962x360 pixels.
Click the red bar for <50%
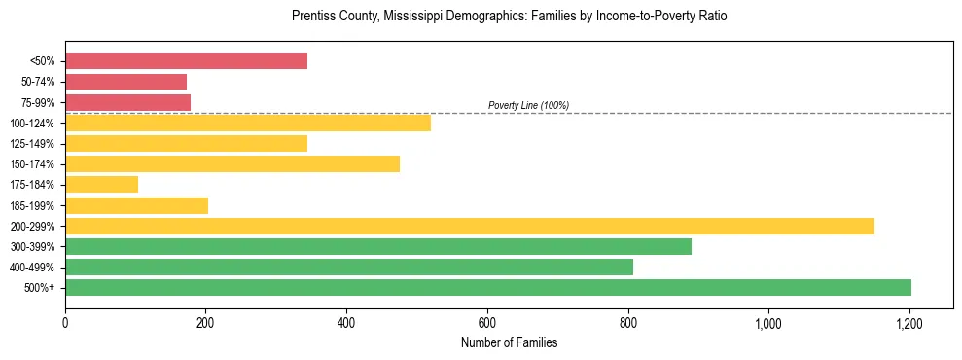tap(186, 61)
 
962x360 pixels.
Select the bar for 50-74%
tap(125, 82)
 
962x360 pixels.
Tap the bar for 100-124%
tap(247, 123)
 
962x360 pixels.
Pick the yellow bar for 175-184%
tap(101, 185)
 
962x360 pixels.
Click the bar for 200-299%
tap(469, 226)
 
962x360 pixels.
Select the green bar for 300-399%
tap(377, 247)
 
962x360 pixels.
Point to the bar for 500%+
tap(487, 288)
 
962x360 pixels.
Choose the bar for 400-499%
tap(348, 268)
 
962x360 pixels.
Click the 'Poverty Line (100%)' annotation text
tap(528, 105)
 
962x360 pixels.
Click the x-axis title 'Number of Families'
tap(509, 343)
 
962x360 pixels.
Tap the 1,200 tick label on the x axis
tap(909, 324)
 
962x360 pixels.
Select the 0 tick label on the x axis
tap(65, 324)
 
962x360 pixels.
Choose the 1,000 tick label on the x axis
tap(768, 324)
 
